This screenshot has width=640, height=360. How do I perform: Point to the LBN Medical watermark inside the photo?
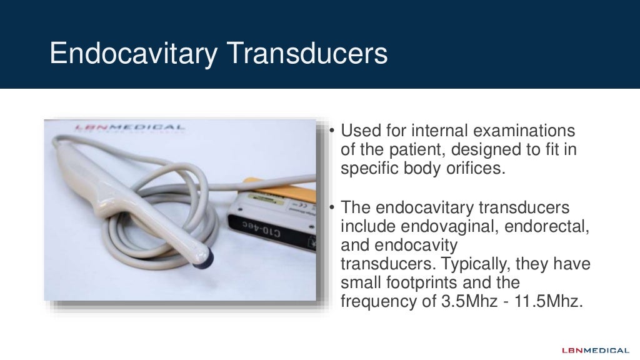pyautogui.click(x=130, y=127)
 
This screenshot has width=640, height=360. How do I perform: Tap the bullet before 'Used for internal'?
pyautogui.click(x=332, y=132)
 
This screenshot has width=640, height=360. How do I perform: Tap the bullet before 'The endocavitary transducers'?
pyautogui.click(x=332, y=207)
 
